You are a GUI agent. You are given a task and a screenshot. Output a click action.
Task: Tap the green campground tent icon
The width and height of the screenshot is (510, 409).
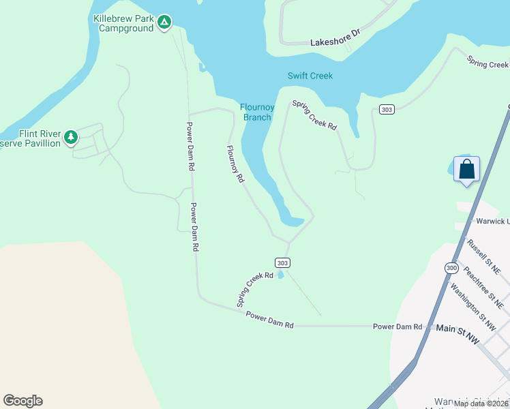tap(164, 23)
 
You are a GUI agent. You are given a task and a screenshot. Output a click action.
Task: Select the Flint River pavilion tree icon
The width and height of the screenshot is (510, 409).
tap(71, 138)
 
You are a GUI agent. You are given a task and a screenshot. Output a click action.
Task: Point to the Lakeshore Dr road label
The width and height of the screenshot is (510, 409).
tap(334, 40)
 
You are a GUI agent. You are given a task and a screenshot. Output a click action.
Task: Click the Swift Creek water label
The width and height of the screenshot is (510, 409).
tap(310, 76)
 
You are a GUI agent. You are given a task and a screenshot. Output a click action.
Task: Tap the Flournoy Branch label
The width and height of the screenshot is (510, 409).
tap(256, 112)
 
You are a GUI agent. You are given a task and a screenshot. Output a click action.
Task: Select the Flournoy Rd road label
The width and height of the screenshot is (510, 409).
tap(235, 166)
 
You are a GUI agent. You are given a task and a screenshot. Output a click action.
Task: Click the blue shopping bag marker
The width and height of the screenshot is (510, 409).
tap(466, 168)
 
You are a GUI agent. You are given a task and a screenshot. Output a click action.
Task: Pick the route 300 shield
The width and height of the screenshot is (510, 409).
tap(451, 268)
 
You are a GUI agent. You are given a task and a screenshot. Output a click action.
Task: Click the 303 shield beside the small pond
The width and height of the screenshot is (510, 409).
tap(284, 262)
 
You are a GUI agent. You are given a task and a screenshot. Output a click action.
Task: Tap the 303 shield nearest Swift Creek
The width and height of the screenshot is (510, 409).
tap(387, 110)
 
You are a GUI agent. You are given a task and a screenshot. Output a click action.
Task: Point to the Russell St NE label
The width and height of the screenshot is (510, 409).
tap(483, 256)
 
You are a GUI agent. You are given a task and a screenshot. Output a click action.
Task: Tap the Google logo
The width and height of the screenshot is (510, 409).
tap(22, 401)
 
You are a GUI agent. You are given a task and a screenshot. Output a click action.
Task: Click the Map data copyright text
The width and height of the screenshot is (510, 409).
tap(481, 404)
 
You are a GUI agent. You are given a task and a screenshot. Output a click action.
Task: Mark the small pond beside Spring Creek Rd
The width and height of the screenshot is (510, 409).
tap(280, 275)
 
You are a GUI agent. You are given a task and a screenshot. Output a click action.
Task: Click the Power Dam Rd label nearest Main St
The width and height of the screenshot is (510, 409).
tap(397, 327)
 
